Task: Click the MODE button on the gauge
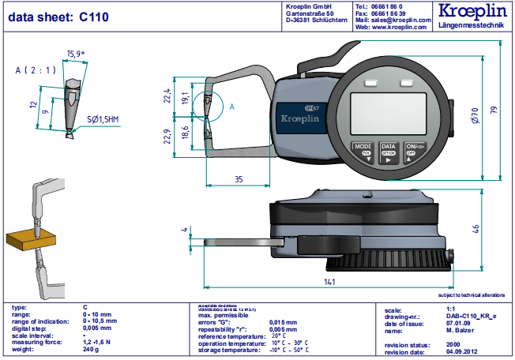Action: coord(363,151)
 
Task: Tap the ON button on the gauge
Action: coord(414,151)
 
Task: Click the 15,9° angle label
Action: coord(76,54)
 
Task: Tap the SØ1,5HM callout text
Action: coord(103,118)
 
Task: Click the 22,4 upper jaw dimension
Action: coord(167,96)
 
